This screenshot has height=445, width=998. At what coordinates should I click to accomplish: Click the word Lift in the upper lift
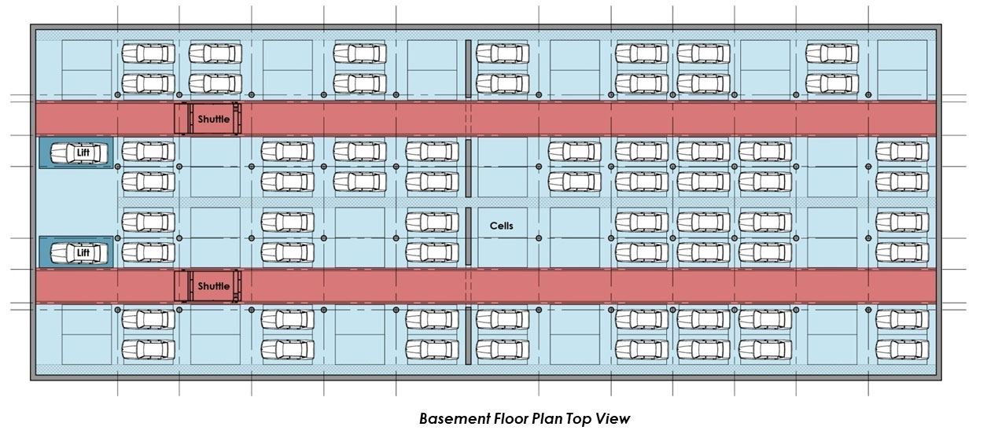coord(83,152)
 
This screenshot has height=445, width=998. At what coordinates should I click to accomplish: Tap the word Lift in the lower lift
coord(83,252)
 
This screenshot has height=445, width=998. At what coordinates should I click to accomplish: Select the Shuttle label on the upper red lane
coord(214,120)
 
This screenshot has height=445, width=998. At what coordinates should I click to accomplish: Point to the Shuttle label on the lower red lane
coord(214,286)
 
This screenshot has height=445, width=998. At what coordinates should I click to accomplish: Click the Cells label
coord(501,226)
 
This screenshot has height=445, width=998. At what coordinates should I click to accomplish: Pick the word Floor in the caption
coord(510,418)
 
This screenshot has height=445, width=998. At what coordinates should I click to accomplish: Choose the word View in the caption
coord(615,418)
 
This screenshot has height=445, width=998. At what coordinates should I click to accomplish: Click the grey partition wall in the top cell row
coord(468,69)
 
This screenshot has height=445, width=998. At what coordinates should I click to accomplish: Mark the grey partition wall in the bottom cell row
coord(468,336)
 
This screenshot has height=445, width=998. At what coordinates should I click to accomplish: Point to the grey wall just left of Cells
coord(468,236)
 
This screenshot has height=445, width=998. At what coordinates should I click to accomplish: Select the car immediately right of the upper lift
coord(149,151)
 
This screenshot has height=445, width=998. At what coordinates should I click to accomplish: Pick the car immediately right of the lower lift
coord(149,252)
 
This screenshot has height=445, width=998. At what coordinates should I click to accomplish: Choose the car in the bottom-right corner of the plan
coord(902,348)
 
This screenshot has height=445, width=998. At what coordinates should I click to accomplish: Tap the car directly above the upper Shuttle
coord(215,83)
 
